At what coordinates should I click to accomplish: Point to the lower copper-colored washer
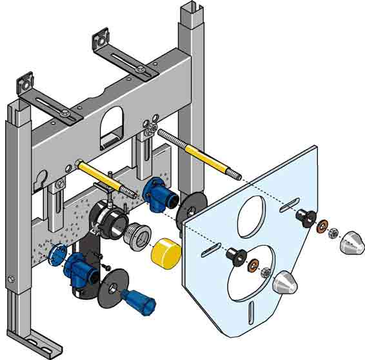[x=253, y=265]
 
